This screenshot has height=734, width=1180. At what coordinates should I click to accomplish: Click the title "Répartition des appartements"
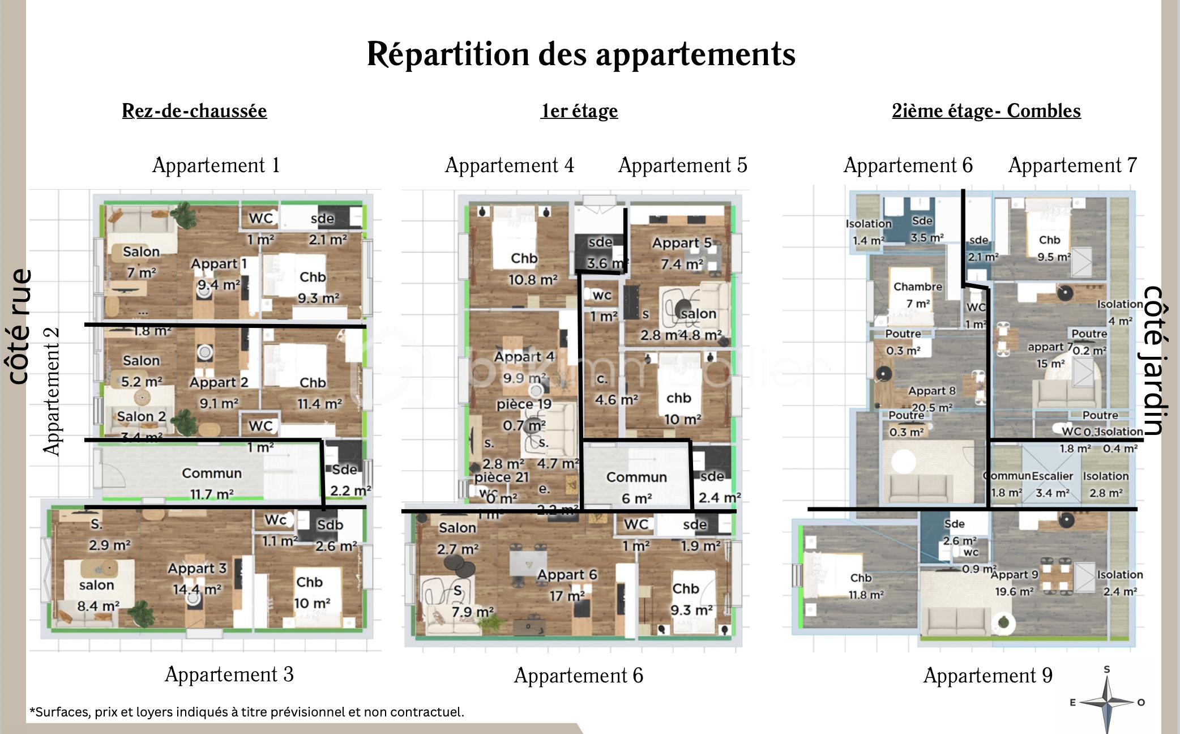point(581,54)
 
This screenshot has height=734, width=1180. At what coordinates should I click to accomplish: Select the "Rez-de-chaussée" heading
point(194,110)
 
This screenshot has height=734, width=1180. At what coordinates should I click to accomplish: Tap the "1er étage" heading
point(579,110)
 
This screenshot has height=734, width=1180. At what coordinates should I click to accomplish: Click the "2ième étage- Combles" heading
point(986,110)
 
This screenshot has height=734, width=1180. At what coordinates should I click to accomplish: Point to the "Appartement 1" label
point(216,165)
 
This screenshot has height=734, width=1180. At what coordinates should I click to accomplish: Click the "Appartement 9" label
point(987,675)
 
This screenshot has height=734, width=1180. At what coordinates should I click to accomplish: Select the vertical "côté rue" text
point(20,326)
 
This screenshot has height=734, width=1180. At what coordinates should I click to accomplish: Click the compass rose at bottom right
point(1106,702)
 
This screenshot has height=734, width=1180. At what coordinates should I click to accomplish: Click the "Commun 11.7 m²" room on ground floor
point(211,483)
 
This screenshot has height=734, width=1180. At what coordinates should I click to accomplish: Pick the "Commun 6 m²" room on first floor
point(636,487)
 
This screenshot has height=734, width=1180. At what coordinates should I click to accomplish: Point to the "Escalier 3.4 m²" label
point(1052,484)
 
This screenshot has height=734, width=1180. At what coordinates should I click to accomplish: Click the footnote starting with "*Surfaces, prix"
point(247,712)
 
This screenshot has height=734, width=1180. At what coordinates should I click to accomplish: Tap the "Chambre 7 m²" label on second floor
point(918,295)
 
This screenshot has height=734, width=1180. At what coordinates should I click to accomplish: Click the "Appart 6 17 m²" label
point(567,584)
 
